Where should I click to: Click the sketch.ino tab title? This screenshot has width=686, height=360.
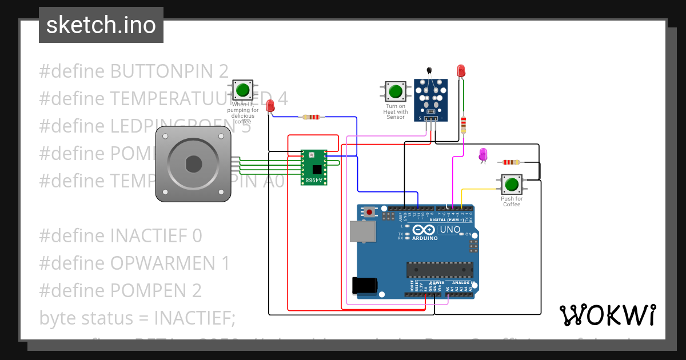(101, 25)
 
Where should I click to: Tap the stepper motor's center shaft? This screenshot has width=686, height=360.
(194, 164)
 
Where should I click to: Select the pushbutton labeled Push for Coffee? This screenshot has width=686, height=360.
(511, 185)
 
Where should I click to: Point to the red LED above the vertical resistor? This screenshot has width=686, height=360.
(461, 71)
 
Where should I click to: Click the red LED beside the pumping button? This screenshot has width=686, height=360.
(270, 105)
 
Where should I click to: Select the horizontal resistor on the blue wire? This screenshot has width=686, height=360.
(311, 117)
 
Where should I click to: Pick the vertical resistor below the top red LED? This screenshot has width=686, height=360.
(463, 123)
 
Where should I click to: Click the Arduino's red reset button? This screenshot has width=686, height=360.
(370, 212)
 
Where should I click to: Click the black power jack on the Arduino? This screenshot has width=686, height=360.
(365, 284)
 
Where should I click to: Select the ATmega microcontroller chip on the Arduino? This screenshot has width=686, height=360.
(440, 269)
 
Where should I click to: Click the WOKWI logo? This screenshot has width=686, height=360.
(607, 315)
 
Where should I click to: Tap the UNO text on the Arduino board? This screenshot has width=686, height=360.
(449, 230)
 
